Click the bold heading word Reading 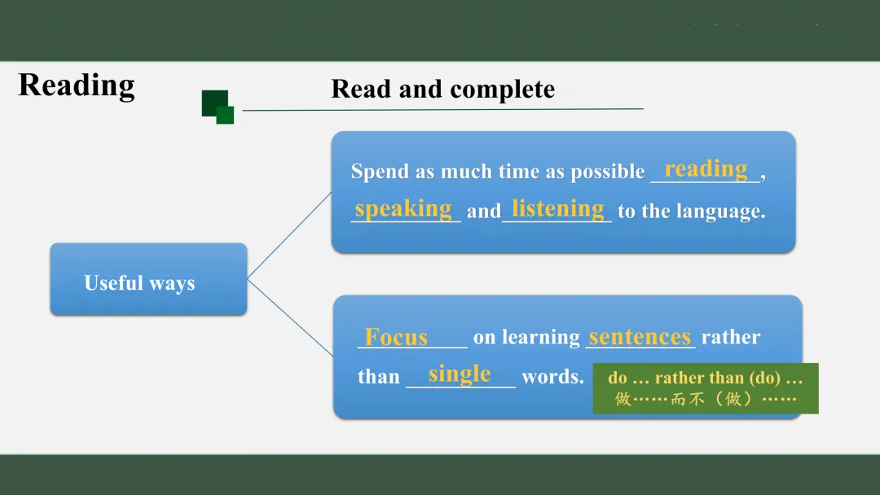coord(77,86)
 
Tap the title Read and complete coord(442,89)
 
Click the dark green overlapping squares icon coord(218,107)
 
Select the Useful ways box coord(149,279)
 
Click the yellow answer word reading coord(706,169)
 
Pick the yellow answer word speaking coord(403,208)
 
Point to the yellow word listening coord(558,208)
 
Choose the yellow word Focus coord(396,337)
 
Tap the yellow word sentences coord(640,337)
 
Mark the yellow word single coord(460,375)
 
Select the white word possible coord(608,172)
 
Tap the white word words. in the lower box coord(552,377)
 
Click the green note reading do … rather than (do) coord(706,378)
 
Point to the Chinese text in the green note coord(706,399)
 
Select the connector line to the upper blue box coord(289,235)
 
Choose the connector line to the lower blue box coord(290,318)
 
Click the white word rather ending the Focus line coord(731,338)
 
